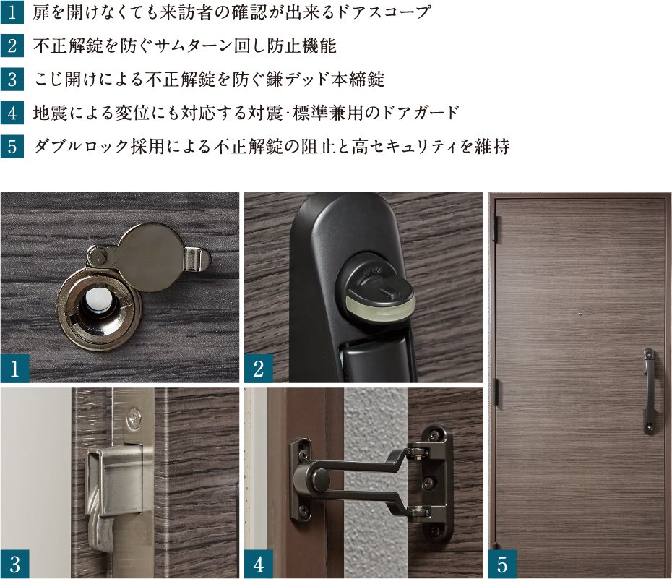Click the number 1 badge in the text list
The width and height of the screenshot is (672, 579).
(x=12, y=12)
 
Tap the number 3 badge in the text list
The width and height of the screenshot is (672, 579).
(x=12, y=79)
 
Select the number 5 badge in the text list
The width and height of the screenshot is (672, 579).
(x=12, y=147)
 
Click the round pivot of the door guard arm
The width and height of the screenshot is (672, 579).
(x=319, y=476)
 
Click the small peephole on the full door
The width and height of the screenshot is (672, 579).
(x=580, y=313)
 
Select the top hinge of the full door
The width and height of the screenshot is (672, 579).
(x=496, y=226)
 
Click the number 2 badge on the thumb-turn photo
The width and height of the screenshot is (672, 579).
(x=259, y=369)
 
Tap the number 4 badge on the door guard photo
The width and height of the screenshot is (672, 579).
(x=259, y=565)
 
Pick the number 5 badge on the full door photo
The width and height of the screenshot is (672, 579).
(x=502, y=565)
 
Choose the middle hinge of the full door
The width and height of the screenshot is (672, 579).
(x=496, y=391)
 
